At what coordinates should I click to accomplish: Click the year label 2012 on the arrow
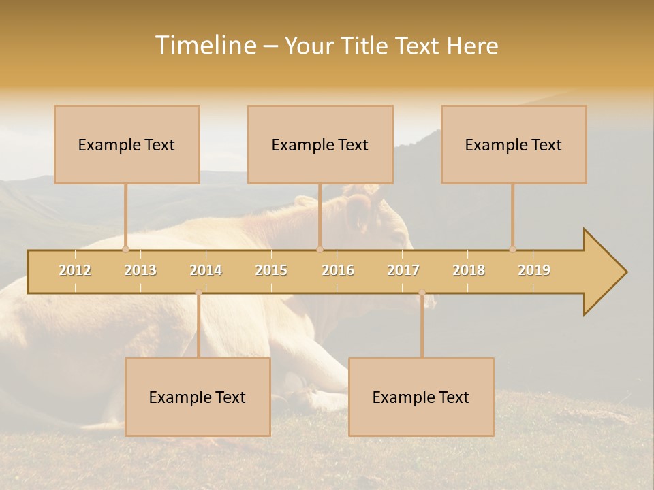[75, 270]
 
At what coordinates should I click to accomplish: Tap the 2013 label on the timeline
[140, 270]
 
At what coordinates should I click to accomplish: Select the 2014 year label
[206, 270]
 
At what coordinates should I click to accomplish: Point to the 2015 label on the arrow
[271, 270]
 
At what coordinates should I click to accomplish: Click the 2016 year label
[338, 270]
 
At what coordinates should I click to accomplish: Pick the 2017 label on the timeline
[403, 270]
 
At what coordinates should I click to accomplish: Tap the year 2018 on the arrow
[469, 270]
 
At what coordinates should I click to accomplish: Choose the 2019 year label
[534, 270]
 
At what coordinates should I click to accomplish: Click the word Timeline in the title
[205, 46]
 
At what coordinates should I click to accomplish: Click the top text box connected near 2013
[127, 144]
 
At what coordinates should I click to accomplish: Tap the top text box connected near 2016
[320, 144]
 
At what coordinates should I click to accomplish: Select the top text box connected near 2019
[514, 144]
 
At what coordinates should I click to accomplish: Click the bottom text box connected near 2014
[198, 397]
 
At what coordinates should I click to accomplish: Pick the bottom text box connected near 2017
[421, 397]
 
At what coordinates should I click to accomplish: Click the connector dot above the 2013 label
[125, 249]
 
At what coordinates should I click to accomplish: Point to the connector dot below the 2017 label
[422, 293]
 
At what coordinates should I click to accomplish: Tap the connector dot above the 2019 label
[512, 249]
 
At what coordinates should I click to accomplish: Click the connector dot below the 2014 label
[198, 293]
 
